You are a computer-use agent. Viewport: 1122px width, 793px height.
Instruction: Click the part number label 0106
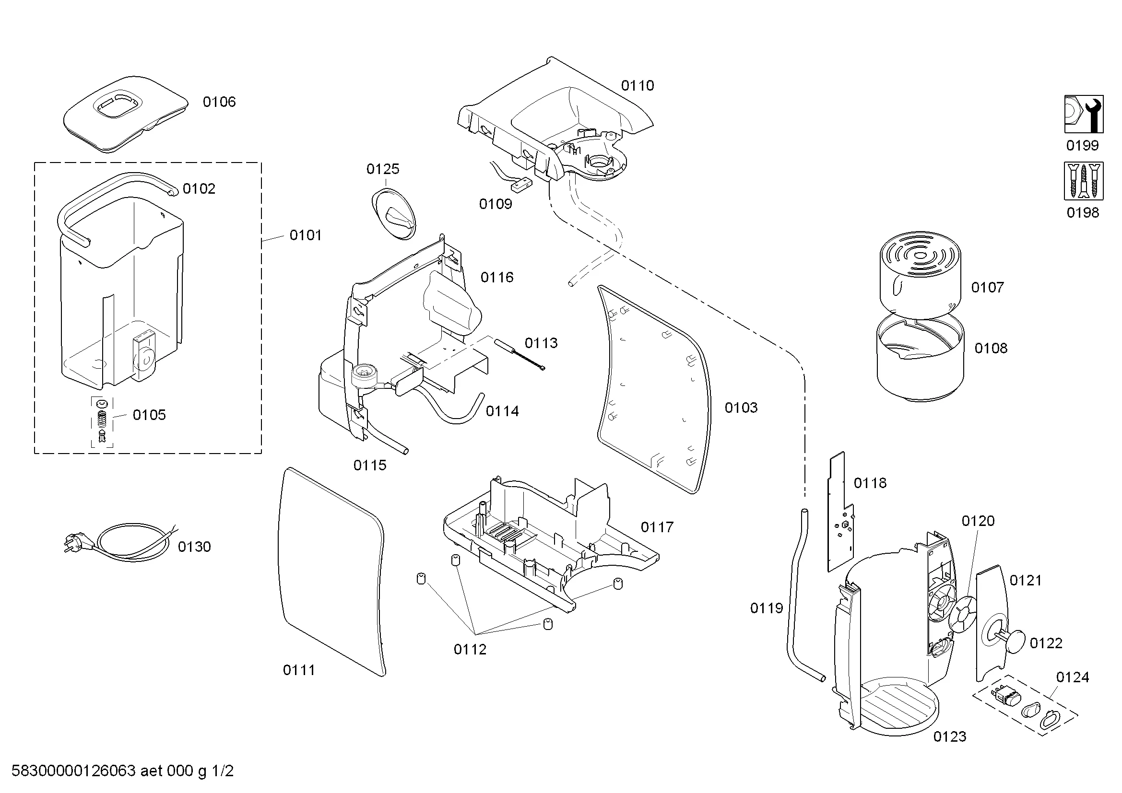click(x=219, y=102)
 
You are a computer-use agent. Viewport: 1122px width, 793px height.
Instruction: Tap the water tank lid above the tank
click(x=125, y=113)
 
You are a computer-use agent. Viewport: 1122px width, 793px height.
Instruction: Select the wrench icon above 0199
click(x=1084, y=114)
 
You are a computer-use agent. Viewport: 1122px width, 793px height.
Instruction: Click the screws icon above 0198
click(x=1084, y=181)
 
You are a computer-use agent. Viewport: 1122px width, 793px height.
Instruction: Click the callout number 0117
click(x=657, y=527)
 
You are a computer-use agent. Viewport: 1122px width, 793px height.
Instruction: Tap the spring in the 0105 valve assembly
click(x=102, y=418)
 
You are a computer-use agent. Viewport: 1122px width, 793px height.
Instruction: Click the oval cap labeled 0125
click(x=394, y=214)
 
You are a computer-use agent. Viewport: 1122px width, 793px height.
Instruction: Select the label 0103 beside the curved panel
click(x=741, y=407)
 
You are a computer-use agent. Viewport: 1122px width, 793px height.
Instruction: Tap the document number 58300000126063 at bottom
click(x=73, y=770)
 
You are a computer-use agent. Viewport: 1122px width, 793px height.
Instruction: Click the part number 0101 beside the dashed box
click(x=306, y=235)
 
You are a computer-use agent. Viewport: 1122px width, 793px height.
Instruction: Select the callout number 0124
click(x=1073, y=677)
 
